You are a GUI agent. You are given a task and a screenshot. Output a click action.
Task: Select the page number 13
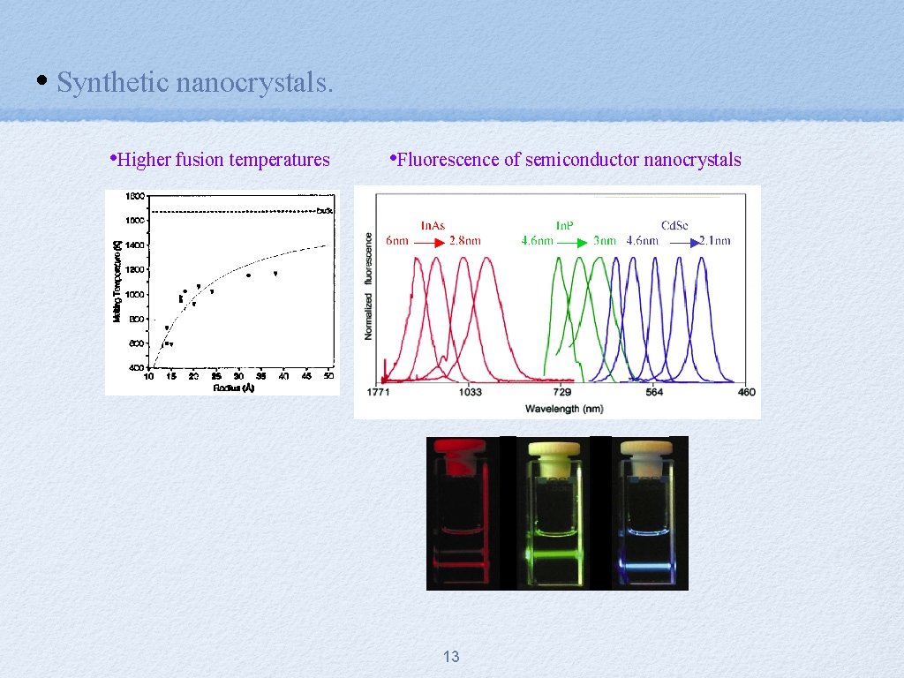click(451, 657)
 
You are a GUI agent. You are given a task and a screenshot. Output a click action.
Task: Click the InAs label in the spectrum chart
click(433, 225)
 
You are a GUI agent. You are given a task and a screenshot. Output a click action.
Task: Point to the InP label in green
click(566, 225)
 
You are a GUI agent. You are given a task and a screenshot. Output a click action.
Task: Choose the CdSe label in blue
click(676, 225)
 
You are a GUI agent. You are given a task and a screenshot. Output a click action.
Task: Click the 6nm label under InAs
click(398, 240)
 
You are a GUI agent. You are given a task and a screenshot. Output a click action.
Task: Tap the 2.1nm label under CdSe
click(715, 240)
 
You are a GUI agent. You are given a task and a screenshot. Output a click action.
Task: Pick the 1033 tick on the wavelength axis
click(470, 392)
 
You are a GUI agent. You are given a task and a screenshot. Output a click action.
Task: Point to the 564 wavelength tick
click(654, 392)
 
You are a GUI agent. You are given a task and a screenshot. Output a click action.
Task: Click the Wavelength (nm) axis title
click(564, 408)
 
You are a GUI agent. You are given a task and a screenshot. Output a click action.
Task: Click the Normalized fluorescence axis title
click(368, 286)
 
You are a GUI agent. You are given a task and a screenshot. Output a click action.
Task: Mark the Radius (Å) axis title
click(234, 388)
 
